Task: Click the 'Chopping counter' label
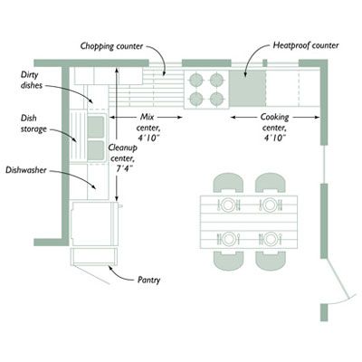(111, 46)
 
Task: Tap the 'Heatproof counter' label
(306, 45)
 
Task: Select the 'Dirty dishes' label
(32, 80)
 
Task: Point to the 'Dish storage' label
(33, 123)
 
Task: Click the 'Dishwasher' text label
(26, 170)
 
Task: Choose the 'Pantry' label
(148, 281)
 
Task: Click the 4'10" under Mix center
(148, 138)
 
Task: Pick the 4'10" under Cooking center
(274, 138)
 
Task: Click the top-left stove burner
(196, 80)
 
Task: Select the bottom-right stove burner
(216, 99)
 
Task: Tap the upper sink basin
(96, 127)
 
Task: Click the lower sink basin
(96, 150)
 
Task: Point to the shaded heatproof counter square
(247, 88)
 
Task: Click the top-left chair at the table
(228, 183)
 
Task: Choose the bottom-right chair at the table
(271, 261)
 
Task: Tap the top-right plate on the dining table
(269, 205)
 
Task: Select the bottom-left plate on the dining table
(228, 239)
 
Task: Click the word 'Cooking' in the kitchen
(274, 117)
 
